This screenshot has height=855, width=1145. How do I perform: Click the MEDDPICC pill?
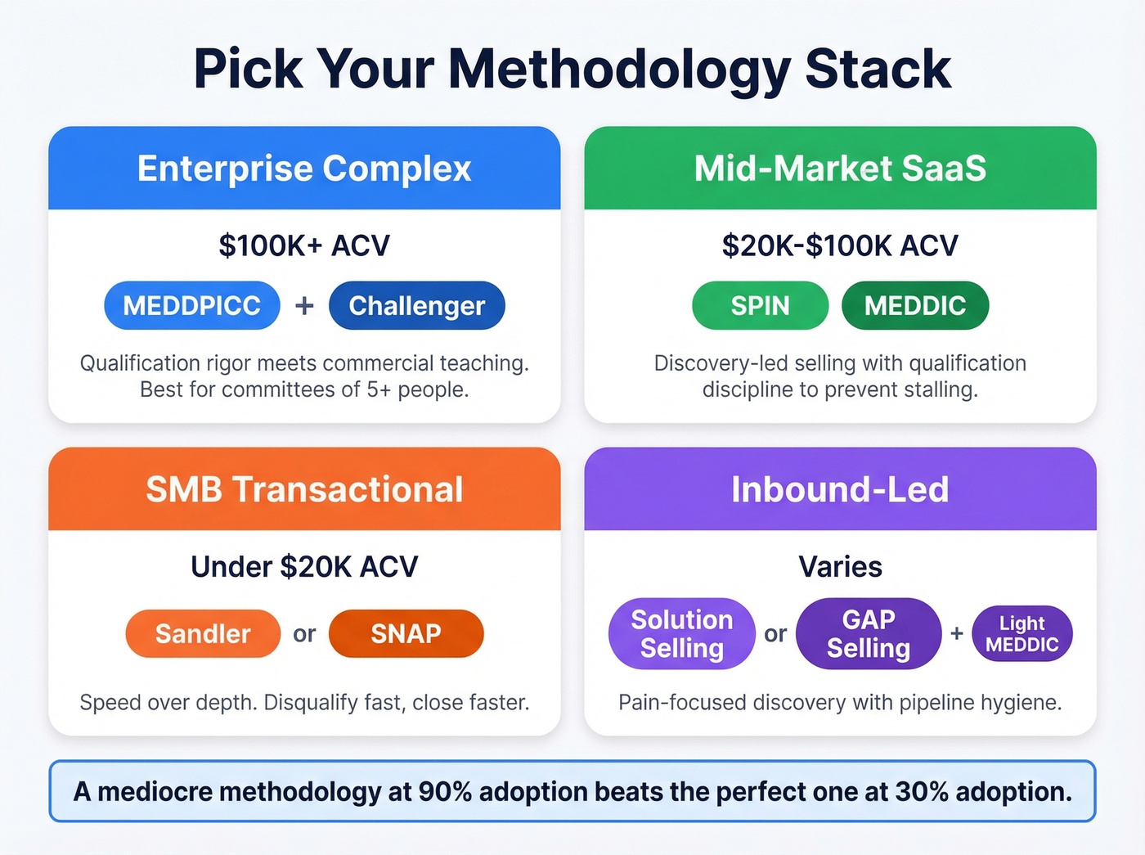pyautogui.click(x=192, y=305)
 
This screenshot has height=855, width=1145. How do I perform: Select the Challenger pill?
pyautogui.click(x=417, y=305)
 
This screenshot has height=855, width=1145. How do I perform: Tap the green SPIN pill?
pyautogui.click(x=760, y=305)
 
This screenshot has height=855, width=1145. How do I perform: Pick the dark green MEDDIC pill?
pyautogui.click(x=915, y=305)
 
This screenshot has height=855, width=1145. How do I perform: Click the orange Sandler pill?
pyautogui.click(x=203, y=633)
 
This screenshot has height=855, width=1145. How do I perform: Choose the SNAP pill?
pyautogui.click(x=406, y=633)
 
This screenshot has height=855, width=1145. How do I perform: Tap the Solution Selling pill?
pyautogui.click(x=681, y=633)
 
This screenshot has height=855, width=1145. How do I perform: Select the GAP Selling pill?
pyautogui.click(x=869, y=633)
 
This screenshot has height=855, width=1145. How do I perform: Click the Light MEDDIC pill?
pyautogui.click(x=1022, y=633)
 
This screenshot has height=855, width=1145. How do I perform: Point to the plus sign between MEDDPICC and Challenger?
pyautogui.click(x=304, y=305)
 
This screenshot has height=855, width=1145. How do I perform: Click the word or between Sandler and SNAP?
pyautogui.click(x=304, y=634)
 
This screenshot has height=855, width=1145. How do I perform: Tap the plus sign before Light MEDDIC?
pyautogui.click(x=957, y=633)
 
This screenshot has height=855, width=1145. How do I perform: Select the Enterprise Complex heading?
pyautogui.click(x=304, y=169)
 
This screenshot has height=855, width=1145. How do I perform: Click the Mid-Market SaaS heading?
pyautogui.click(x=840, y=169)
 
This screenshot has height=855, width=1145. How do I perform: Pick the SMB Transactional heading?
pyautogui.click(x=304, y=489)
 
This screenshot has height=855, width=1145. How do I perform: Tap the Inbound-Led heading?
pyautogui.click(x=840, y=489)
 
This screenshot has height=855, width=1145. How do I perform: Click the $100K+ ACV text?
pyautogui.click(x=304, y=245)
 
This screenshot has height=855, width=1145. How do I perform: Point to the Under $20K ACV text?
pyautogui.click(x=304, y=566)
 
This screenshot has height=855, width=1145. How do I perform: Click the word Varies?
pyautogui.click(x=840, y=566)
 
